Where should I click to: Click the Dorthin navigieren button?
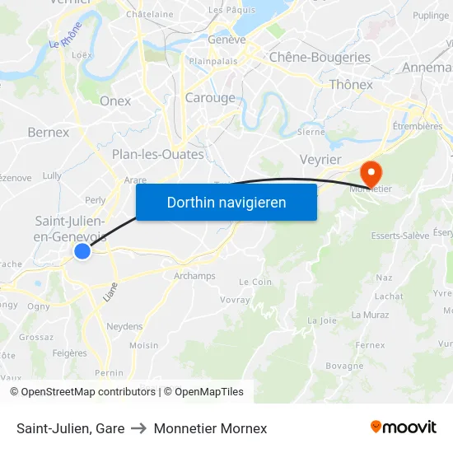(x=226, y=202)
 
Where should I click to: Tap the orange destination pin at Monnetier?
(x=371, y=172)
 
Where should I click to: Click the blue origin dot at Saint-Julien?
(x=82, y=251)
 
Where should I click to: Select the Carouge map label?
(x=210, y=98)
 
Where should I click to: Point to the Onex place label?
(x=115, y=100)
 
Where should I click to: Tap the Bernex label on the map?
(x=48, y=132)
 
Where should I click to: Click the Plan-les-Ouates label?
(x=157, y=154)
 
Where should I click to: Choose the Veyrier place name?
(x=320, y=159)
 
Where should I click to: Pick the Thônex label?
(x=351, y=84)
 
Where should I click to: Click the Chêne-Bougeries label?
(x=320, y=57)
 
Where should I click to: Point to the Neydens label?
(x=124, y=326)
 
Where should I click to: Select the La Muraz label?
(x=369, y=315)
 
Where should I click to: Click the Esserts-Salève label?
(x=399, y=236)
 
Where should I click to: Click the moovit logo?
(x=403, y=427)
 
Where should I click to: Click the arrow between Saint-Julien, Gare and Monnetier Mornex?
(x=139, y=428)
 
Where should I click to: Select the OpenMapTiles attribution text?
(x=203, y=392)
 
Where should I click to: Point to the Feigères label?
(x=69, y=353)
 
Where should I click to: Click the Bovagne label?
(x=344, y=366)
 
